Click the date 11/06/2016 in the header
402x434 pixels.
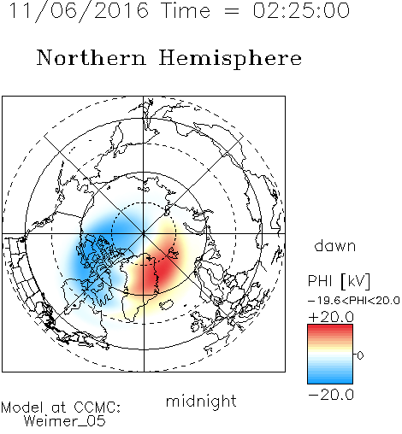(x=79, y=11)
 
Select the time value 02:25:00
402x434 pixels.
(x=301, y=10)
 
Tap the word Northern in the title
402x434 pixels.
(x=92, y=58)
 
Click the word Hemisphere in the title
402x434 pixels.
(x=230, y=58)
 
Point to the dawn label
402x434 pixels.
(x=335, y=245)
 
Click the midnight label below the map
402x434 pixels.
(x=201, y=401)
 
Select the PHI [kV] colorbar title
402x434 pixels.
(x=339, y=281)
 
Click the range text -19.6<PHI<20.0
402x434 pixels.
(x=354, y=301)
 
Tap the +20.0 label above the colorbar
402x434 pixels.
(x=331, y=317)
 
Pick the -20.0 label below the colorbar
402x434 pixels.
(x=331, y=395)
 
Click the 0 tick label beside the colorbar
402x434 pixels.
(x=360, y=355)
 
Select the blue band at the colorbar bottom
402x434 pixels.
(x=330, y=378)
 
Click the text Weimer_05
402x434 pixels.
(x=65, y=421)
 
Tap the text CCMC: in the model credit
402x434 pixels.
(x=98, y=408)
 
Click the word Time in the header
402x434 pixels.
(x=186, y=10)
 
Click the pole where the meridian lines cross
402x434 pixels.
(x=144, y=234)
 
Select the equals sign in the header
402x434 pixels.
(x=232, y=11)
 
